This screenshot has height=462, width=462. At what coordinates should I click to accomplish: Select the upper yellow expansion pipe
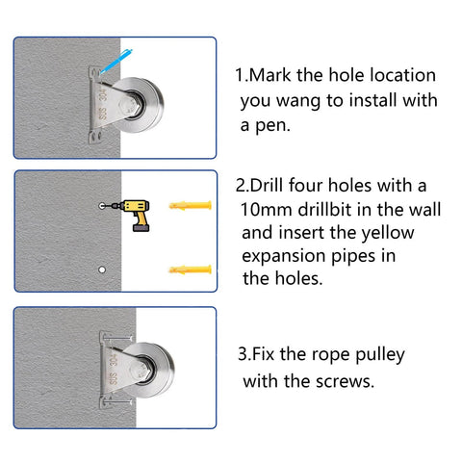[189, 206]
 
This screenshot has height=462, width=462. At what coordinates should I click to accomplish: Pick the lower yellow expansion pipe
[189, 268]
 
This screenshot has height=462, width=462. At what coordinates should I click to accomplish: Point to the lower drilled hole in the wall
[101, 269]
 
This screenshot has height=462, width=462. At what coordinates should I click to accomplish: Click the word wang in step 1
[304, 100]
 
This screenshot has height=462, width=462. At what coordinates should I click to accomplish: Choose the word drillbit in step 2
[338, 210]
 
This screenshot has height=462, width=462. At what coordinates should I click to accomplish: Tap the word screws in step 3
[345, 380]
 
